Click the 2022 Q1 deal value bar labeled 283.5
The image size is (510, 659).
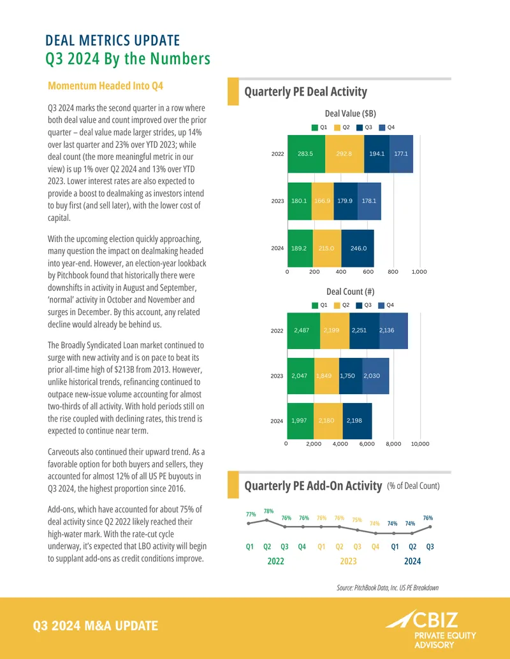tap(307, 154)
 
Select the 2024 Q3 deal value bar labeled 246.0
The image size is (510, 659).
tap(358, 248)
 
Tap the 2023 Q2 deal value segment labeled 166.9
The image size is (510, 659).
tap(323, 201)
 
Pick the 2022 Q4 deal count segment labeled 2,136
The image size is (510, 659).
tap(393, 330)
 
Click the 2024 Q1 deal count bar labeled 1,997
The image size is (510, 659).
tap(300, 421)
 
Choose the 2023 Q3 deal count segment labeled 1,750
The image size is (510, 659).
tap(351, 376)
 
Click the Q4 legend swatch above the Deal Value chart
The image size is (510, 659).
tap(382, 127)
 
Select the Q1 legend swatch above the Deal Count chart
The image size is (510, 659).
tap(315, 305)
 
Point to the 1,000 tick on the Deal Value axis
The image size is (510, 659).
tap(419, 272)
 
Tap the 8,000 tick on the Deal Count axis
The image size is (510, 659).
tap(393, 444)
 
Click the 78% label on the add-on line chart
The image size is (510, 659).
tap(268, 511)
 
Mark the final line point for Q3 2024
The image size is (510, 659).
tap(430, 527)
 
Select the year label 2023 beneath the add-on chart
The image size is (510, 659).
tap(349, 561)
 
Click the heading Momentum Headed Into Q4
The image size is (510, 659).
tap(106, 86)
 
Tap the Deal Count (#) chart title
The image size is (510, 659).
tap(351, 292)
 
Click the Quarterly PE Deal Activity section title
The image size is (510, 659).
tap(306, 92)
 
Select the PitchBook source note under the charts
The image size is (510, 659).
tap(388, 588)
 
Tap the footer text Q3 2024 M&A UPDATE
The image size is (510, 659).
tap(96, 626)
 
